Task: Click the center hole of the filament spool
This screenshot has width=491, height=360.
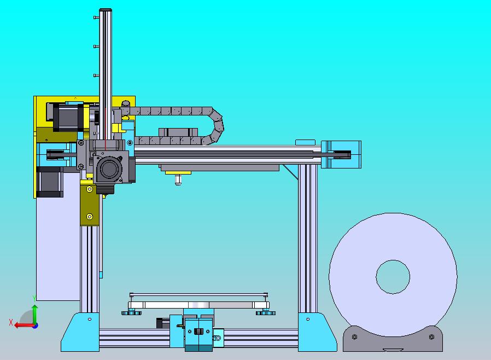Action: click(x=393, y=277)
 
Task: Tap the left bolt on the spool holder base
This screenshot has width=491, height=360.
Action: click(x=354, y=337)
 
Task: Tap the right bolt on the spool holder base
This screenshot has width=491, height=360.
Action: click(x=431, y=337)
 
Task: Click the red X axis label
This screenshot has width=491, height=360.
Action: click(x=11, y=322)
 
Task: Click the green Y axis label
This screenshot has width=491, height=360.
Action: click(x=34, y=299)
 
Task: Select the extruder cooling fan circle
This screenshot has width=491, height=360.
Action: click(x=109, y=169)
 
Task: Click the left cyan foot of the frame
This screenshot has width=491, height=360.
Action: click(x=80, y=332)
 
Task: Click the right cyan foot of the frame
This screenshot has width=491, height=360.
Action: click(x=318, y=332)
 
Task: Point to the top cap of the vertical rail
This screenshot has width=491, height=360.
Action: click(x=106, y=10)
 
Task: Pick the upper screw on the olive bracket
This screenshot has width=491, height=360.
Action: click(x=89, y=189)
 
